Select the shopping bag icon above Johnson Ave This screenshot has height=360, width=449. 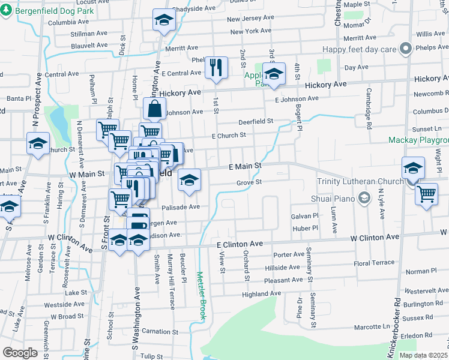(x=154, y=109)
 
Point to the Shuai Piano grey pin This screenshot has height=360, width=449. (x=363, y=197)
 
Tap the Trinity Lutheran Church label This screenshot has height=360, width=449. (x=364, y=182)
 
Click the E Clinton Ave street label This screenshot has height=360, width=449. (x=240, y=244)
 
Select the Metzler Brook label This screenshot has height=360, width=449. (x=201, y=293)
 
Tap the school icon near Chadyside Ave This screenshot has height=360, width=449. (x=162, y=20)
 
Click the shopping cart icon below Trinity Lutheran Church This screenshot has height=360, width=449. (x=426, y=194)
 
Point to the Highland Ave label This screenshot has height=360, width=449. (x=262, y=294)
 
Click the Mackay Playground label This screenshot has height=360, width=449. (x=418, y=140)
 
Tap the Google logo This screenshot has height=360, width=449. (x=20, y=353)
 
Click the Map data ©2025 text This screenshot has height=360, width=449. (x=423, y=355)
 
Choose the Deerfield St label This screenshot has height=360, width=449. (x=256, y=121)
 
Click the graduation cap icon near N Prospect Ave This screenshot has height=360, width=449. (x=38, y=144)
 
